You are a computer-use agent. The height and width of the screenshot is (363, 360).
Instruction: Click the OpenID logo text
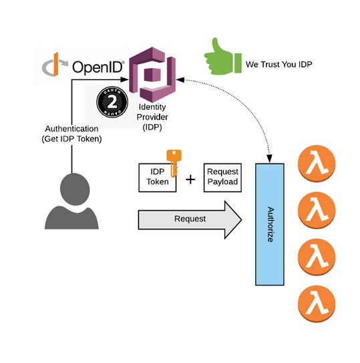tap(95, 67)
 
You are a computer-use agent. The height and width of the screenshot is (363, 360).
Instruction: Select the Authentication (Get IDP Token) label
tap(71, 133)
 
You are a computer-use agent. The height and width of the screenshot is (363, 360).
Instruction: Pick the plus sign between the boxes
tap(190, 179)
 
